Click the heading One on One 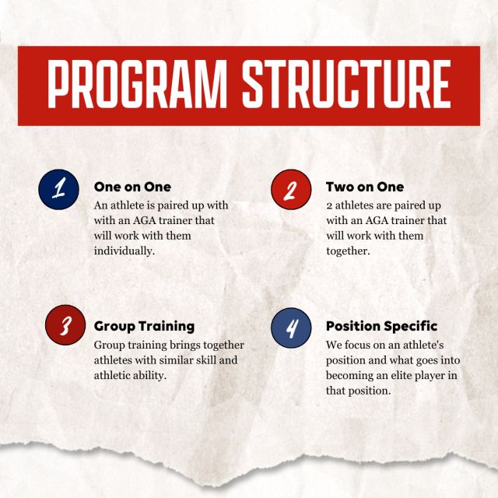(x=132, y=187)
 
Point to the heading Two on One (x=365, y=187)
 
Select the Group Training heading (x=144, y=326)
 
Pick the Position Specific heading (x=381, y=326)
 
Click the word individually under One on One (x=124, y=251)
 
